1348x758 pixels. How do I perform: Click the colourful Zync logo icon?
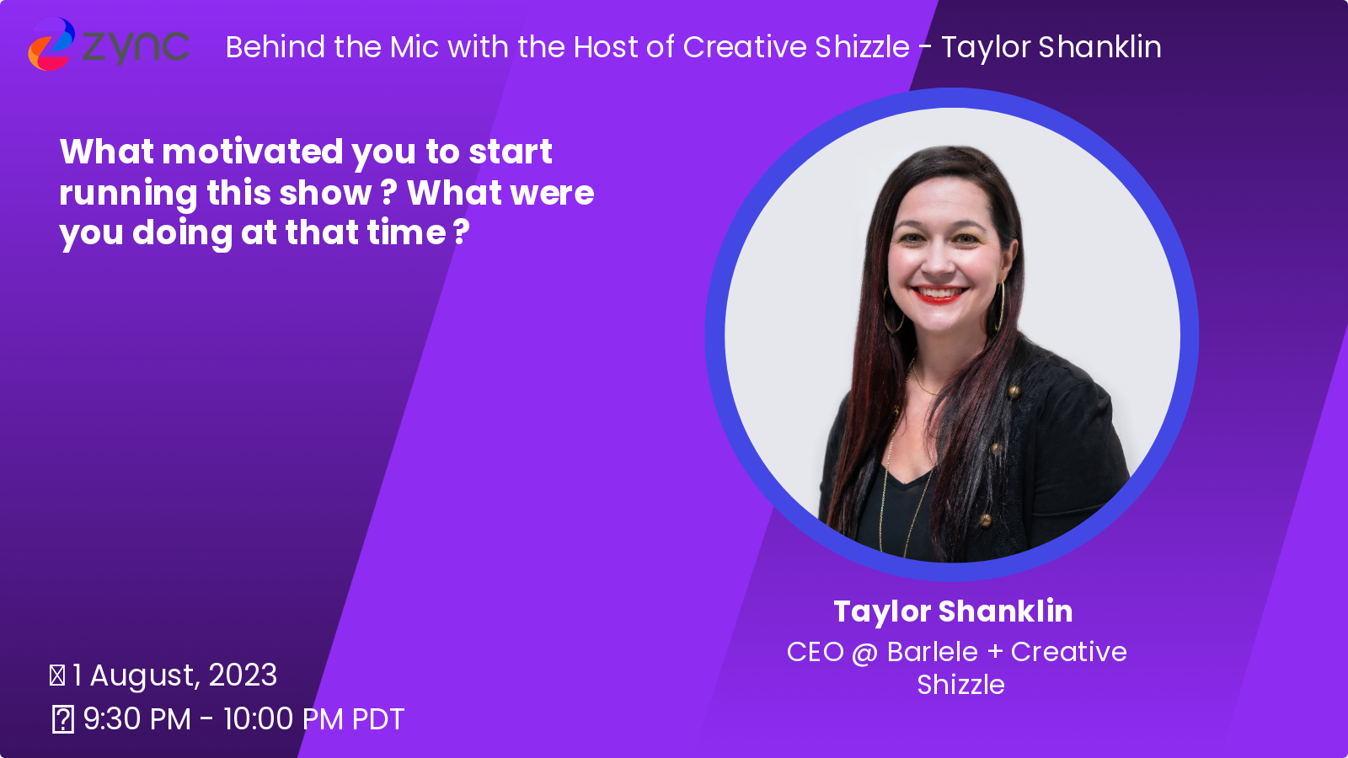pos(51,44)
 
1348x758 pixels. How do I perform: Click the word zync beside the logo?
pos(136,47)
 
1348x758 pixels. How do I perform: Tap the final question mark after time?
pos(462,232)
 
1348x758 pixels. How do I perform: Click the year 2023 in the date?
pos(243,675)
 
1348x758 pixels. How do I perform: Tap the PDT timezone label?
pos(378,719)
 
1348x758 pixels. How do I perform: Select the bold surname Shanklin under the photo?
pos(1006,611)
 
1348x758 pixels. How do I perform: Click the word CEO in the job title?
pos(816,652)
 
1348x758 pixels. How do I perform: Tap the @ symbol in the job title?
pos(864,654)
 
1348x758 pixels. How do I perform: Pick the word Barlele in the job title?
pos(932,652)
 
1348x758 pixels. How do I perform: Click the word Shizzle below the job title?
pos(960,686)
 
